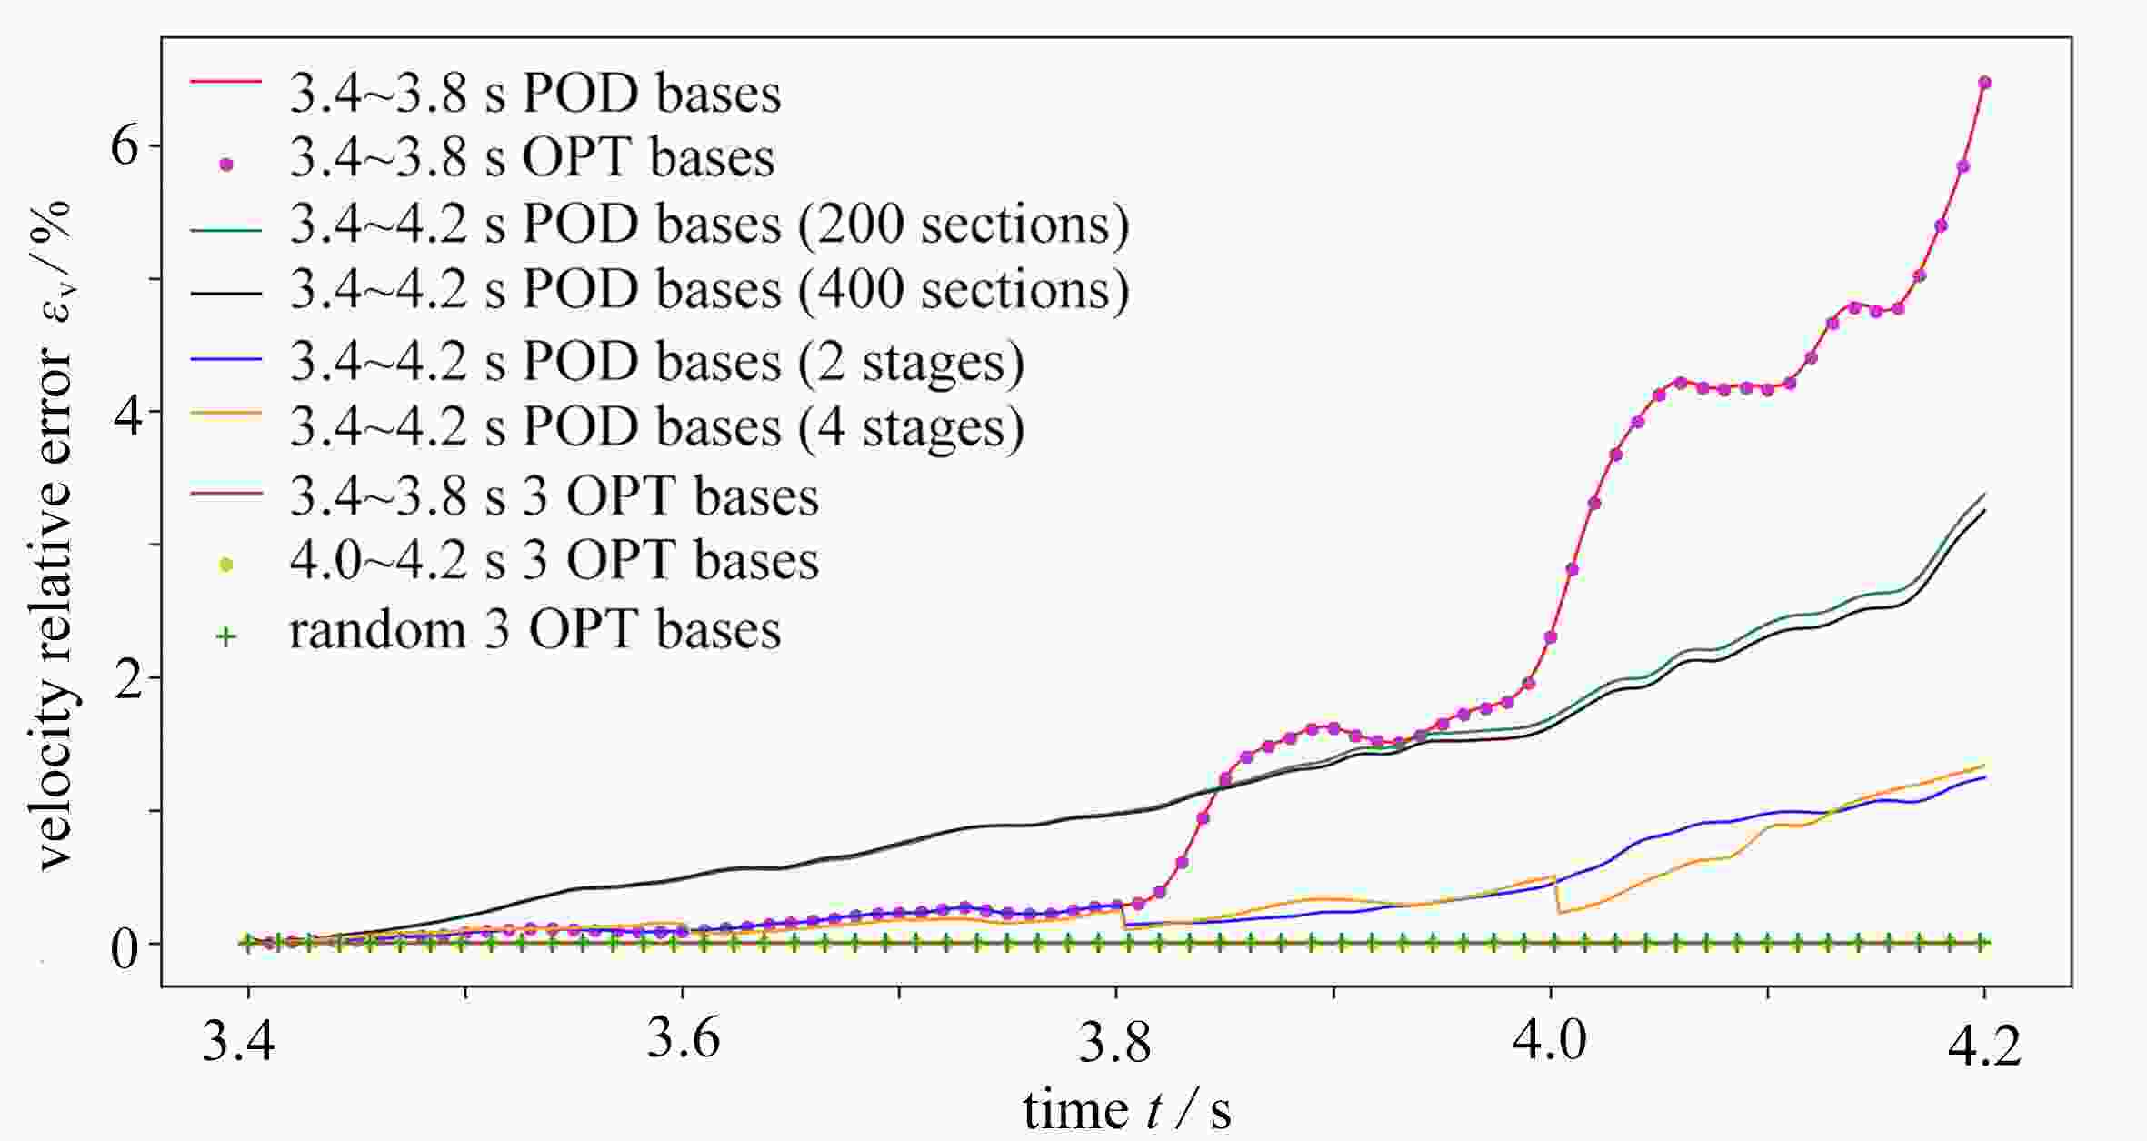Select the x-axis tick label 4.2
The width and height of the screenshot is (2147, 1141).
click(x=1984, y=1046)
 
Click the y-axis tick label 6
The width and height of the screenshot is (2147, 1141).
click(x=125, y=147)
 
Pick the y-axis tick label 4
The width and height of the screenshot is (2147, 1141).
click(x=125, y=413)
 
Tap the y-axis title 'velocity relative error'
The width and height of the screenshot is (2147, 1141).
click(x=56, y=536)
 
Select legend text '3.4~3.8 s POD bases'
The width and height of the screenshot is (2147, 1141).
click(x=534, y=94)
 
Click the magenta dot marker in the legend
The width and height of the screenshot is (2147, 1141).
click(x=226, y=165)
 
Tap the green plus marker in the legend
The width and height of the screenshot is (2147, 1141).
click(x=226, y=636)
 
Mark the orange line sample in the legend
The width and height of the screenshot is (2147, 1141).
click(x=226, y=415)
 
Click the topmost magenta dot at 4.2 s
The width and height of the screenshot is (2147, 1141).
click(x=1984, y=83)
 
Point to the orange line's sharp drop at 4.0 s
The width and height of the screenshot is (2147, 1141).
click(x=1557, y=895)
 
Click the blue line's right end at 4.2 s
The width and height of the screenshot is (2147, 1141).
click(x=1985, y=777)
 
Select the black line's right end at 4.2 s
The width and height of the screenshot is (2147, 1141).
click(x=1985, y=510)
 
